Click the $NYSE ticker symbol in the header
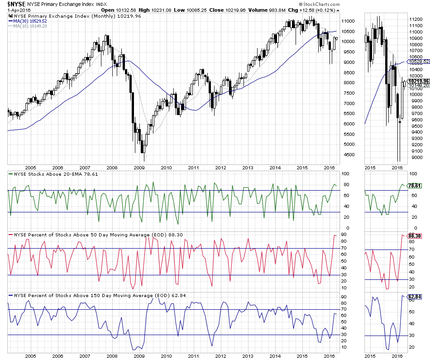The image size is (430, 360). [16, 4]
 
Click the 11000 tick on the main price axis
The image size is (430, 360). [348, 21]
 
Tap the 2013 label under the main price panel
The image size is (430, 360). [248, 168]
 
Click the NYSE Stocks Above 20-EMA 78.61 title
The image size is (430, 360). [54, 173]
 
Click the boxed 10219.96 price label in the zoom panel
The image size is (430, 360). [419, 81]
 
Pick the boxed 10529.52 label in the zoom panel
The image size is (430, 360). [419, 61]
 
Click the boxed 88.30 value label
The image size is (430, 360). [415, 235]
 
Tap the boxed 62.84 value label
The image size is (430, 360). [415, 297]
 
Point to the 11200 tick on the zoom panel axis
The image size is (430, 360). [416, 19]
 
